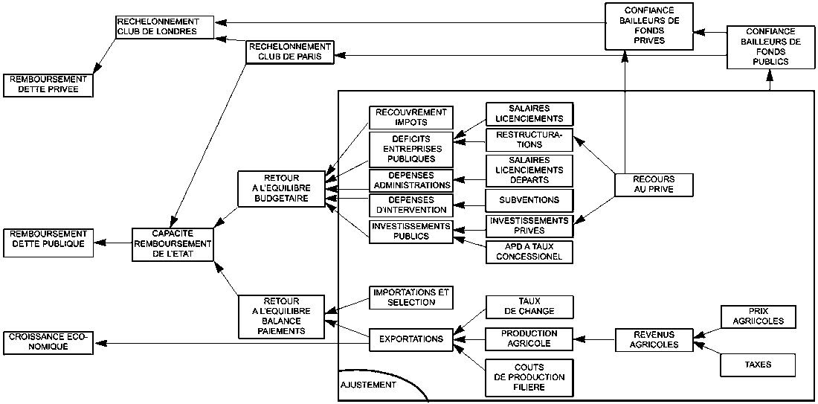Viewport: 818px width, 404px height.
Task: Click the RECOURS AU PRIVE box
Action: [x=654, y=185]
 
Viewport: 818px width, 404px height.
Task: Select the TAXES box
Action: [x=758, y=365]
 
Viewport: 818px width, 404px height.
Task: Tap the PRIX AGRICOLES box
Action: [x=758, y=317]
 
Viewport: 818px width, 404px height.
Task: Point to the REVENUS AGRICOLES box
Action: [x=654, y=340]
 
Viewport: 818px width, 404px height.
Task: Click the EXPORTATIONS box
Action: [x=410, y=339]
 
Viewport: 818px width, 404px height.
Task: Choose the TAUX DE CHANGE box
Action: [x=529, y=306]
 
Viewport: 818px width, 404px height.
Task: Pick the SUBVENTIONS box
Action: [x=529, y=200]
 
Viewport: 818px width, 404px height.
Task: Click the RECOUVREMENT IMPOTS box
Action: [x=410, y=117]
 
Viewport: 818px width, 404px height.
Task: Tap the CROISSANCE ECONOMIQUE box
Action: [x=48, y=342]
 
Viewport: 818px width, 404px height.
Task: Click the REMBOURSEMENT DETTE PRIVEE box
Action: [x=48, y=85]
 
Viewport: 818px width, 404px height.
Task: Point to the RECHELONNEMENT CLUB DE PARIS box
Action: [x=289, y=52]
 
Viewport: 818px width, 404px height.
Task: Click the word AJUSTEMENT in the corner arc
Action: [x=368, y=386]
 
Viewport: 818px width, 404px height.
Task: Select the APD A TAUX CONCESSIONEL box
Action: [x=529, y=252]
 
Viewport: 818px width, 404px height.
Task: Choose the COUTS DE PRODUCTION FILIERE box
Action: [x=529, y=377]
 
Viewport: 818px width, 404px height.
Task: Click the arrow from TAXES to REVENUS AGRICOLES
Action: [x=706, y=353]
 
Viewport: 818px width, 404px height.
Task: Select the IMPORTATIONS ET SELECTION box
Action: [x=410, y=298]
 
